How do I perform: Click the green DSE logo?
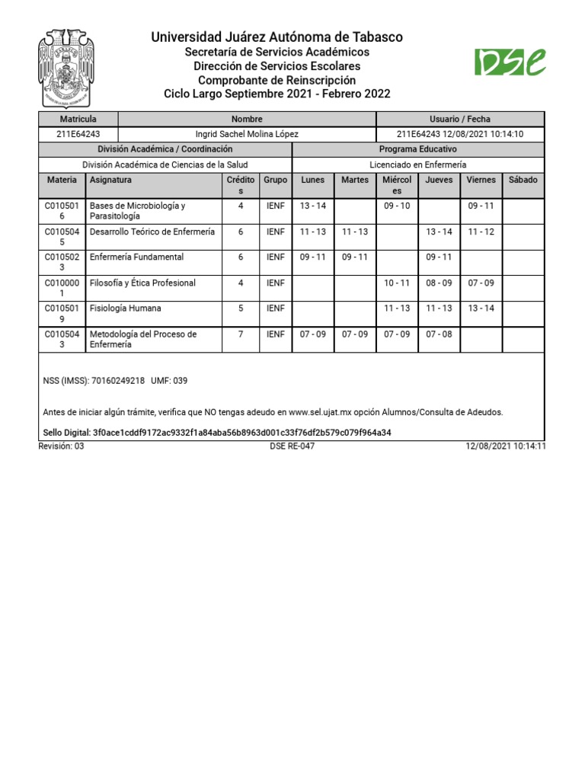pyautogui.click(x=510, y=62)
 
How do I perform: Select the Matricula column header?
pyautogui.click(x=78, y=119)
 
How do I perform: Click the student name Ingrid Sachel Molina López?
pyautogui.click(x=247, y=134)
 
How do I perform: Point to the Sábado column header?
pyautogui.click(x=523, y=180)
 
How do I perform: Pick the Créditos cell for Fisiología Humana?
pyautogui.click(x=241, y=308)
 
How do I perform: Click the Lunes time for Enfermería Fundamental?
pyautogui.click(x=312, y=257)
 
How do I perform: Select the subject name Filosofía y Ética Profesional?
pyautogui.click(x=142, y=283)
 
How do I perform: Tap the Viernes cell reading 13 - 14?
pyautogui.click(x=481, y=308)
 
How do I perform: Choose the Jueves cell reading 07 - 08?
pyautogui.click(x=439, y=334)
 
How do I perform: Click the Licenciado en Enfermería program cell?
pyautogui.click(x=417, y=165)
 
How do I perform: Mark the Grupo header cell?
pyautogui.click(x=275, y=180)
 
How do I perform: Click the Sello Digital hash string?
pyautogui.click(x=241, y=433)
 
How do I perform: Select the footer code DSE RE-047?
pyautogui.click(x=292, y=446)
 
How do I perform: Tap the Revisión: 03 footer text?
pyautogui.click(x=62, y=446)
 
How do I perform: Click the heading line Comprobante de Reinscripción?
pyautogui.click(x=277, y=80)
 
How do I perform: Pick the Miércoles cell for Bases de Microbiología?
pyautogui.click(x=397, y=206)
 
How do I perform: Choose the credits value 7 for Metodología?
pyautogui.click(x=241, y=334)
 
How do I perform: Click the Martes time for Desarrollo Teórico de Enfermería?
pyautogui.click(x=355, y=232)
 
